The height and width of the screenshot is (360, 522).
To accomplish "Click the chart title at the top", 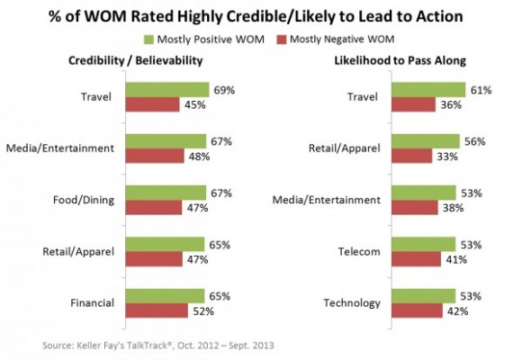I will tap(261, 15).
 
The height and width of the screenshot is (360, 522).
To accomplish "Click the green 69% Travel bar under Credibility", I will tap(166, 90).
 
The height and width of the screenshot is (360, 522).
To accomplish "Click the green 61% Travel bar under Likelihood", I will tap(429, 90).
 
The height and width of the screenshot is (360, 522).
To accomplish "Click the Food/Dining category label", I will tap(87, 200).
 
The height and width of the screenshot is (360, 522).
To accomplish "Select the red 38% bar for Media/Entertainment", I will tap(417, 207).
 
